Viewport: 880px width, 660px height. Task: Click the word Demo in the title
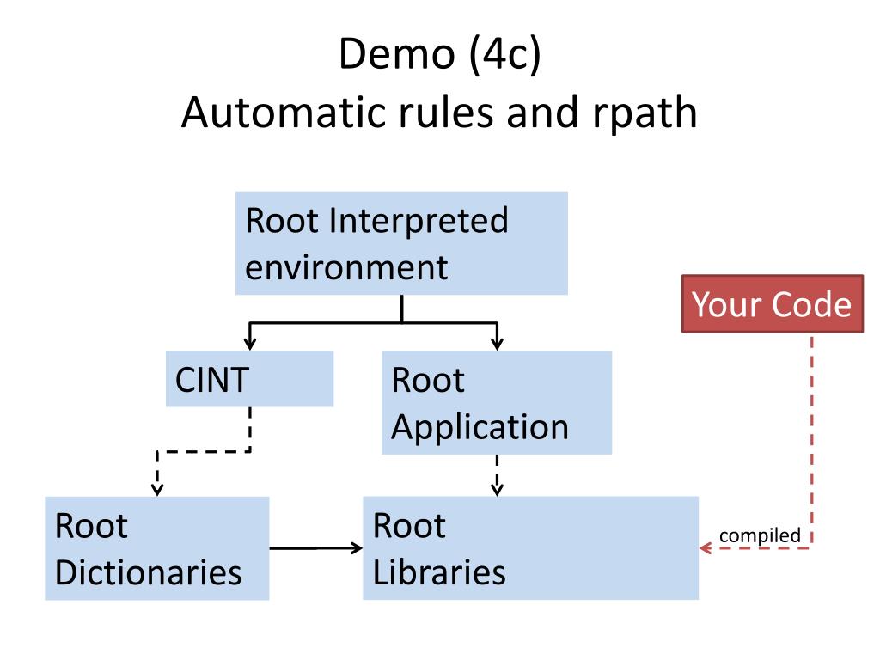[397, 54]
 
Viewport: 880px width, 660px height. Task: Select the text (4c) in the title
[504, 55]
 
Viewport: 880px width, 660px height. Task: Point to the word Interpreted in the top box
[419, 221]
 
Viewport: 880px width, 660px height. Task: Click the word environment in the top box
[346, 267]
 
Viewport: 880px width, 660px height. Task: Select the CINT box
[250, 379]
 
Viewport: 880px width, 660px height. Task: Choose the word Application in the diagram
[480, 429]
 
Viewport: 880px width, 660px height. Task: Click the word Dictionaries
[148, 572]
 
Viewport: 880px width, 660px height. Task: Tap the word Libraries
[439, 572]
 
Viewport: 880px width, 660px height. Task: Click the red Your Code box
[773, 303]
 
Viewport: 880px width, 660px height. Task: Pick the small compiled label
[760, 536]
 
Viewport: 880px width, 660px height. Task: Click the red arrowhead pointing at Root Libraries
[706, 548]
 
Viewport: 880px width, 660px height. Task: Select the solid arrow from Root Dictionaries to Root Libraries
[316, 548]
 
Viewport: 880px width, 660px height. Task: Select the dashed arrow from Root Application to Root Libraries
[498, 475]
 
